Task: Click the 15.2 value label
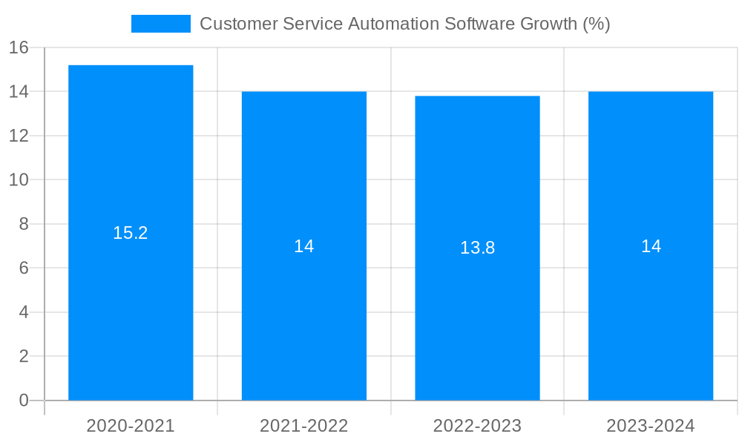point(131,233)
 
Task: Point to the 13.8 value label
point(477,248)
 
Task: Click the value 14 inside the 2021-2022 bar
point(304,246)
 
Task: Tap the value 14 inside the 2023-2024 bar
point(651,246)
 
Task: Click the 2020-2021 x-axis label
point(131,426)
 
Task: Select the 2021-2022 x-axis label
point(304,426)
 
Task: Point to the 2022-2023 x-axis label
point(477,426)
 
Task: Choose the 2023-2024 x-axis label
point(651,426)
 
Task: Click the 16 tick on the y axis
point(19,47)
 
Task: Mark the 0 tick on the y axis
point(24,400)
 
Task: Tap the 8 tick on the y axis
point(24,224)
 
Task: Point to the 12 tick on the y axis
point(19,136)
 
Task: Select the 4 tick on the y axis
point(24,312)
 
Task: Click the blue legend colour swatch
point(161,24)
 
